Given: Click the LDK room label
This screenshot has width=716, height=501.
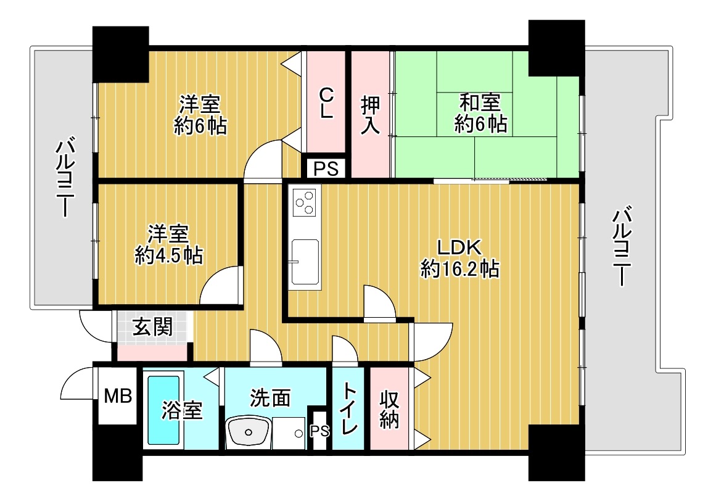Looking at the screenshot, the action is [459, 247].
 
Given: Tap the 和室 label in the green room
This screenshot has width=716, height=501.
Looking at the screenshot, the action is [480, 102].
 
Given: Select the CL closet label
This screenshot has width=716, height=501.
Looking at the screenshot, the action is [326, 103].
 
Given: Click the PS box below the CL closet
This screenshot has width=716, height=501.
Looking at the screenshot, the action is [326, 168].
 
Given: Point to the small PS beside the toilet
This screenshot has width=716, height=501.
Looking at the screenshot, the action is [319, 431].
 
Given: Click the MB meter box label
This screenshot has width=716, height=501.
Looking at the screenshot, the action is [118, 396].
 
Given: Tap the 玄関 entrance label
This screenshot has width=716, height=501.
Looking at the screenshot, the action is [152, 327].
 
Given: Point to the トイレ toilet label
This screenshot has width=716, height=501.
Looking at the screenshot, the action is [349, 408].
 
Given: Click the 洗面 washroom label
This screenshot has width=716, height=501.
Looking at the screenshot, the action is [270, 398].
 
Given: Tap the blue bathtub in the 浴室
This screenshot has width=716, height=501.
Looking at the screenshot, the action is [163, 410].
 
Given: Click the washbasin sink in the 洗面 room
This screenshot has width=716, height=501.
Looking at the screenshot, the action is [248, 431].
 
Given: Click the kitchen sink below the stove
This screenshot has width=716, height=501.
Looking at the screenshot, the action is [305, 261].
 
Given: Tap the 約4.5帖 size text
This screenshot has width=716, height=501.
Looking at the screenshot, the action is [169, 255].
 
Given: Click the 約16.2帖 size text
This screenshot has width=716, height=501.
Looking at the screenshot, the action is [459, 268].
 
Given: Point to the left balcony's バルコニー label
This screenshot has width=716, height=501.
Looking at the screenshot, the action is [65, 177].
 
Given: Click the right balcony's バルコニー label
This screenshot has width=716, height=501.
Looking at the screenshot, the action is [622, 246].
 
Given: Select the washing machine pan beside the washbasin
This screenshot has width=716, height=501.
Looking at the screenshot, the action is [289, 433].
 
